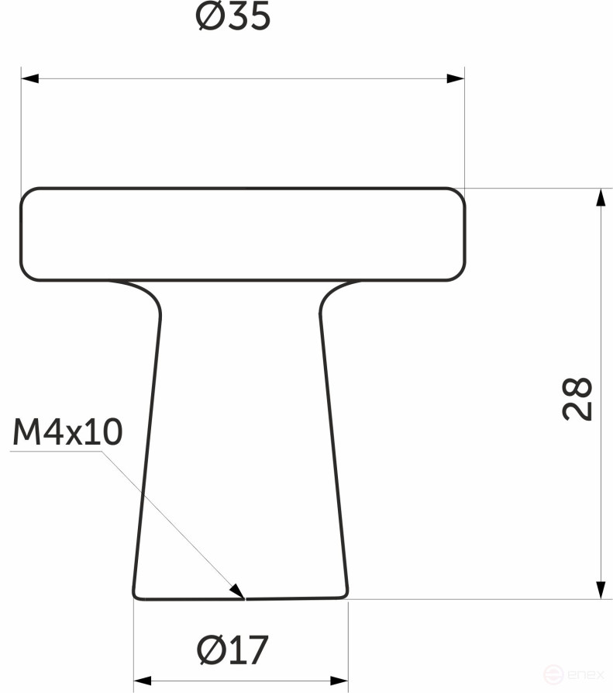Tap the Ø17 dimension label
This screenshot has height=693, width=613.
(232, 650)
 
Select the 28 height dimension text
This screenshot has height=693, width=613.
(578, 399)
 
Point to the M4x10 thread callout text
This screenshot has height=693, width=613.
(67, 434)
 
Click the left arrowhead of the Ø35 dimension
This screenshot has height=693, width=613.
(29, 78)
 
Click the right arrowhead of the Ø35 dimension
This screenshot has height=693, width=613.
(456, 78)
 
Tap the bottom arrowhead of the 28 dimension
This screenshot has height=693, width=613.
(600, 591)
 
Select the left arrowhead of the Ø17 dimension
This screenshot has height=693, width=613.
(143, 681)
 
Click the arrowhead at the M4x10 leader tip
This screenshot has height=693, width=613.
(238, 592)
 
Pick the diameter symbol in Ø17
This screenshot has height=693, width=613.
(209, 650)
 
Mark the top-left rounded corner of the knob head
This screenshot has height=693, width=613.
(29, 196)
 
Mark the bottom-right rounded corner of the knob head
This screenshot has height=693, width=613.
(458, 272)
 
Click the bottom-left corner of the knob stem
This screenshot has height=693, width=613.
(137, 595)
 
